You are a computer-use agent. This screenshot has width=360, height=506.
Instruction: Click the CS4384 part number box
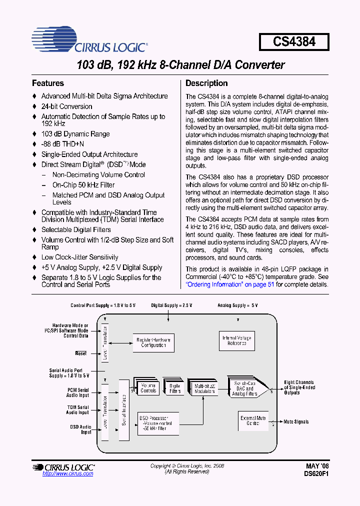[294, 41]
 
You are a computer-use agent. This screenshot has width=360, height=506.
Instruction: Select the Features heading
[48, 83]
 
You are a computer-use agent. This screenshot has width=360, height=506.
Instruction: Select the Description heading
[206, 83]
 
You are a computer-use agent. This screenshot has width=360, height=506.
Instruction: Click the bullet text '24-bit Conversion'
[66, 106]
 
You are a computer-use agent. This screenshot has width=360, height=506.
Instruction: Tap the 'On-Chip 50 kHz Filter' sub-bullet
[83, 185]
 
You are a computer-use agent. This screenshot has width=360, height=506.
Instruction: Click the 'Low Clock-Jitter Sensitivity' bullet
[79, 257]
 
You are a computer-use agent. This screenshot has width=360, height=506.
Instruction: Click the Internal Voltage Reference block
[237, 341]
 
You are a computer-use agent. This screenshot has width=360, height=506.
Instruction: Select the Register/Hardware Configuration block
[153, 342]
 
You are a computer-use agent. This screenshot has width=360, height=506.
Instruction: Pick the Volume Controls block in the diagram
[148, 388]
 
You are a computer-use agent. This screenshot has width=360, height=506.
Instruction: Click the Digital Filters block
[175, 388]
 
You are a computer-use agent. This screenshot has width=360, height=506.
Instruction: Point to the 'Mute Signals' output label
[296, 422]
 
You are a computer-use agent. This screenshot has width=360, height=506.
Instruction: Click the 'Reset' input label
[80, 353]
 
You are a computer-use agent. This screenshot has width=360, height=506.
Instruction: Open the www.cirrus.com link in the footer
[67, 473]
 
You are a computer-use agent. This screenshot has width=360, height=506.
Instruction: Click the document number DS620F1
[317, 473]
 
